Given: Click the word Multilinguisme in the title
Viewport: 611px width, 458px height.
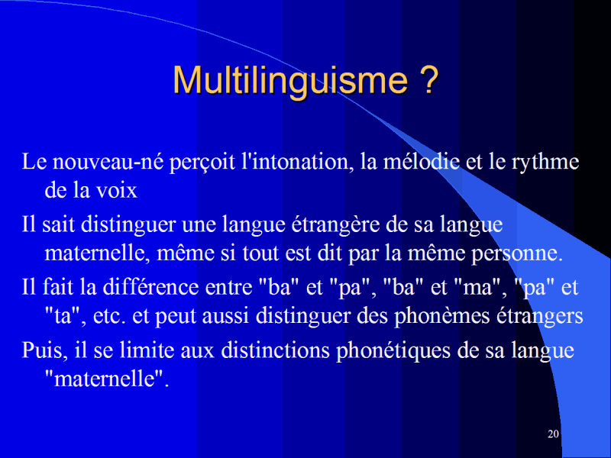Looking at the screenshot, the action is (x=290, y=81).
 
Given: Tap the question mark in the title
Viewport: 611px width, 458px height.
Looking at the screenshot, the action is (x=429, y=79).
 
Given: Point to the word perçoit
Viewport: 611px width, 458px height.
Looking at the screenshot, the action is (x=202, y=163).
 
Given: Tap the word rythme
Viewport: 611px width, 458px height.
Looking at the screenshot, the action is (x=545, y=163).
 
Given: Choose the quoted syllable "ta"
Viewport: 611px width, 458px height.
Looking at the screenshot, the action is (x=64, y=316).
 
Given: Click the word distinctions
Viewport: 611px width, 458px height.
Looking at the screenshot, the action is (x=276, y=350).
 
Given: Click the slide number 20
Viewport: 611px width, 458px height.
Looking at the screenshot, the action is (x=553, y=434).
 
